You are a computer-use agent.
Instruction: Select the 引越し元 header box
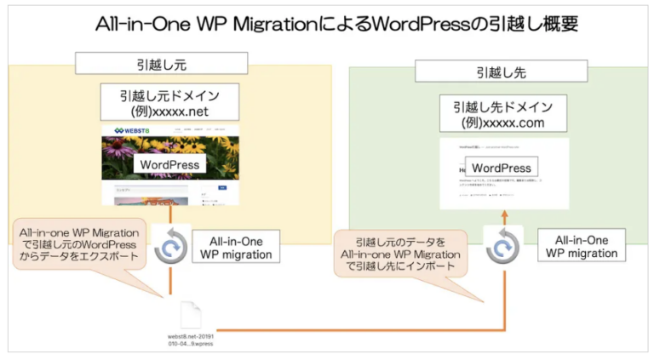pyautogui.click(x=161, y=63)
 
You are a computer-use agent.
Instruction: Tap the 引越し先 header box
pyautogui.click(x=501, y=71)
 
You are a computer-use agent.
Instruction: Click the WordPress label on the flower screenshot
pyautogui.click(x=169, y=164)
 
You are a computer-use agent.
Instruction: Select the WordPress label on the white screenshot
pyautogui.click(x=502, y=168)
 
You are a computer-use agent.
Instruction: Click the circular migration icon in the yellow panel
pyautogui.click(x=170, y=248)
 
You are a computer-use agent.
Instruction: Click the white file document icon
pyautogui.click(x=192, y=313)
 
